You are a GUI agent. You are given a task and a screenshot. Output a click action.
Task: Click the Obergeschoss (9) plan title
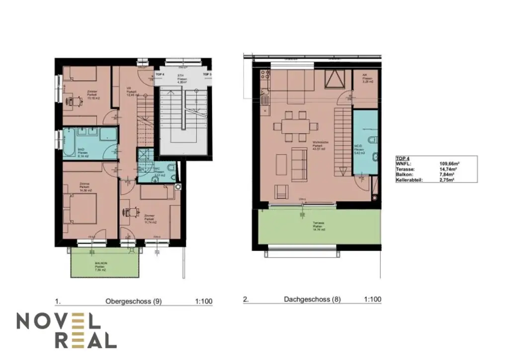[133, 300]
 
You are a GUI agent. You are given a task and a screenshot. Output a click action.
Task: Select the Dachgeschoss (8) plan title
[312, 300]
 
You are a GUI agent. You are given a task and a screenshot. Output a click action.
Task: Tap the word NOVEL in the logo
[59, 321]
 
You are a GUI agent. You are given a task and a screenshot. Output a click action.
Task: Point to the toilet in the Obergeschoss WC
[170, 173]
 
